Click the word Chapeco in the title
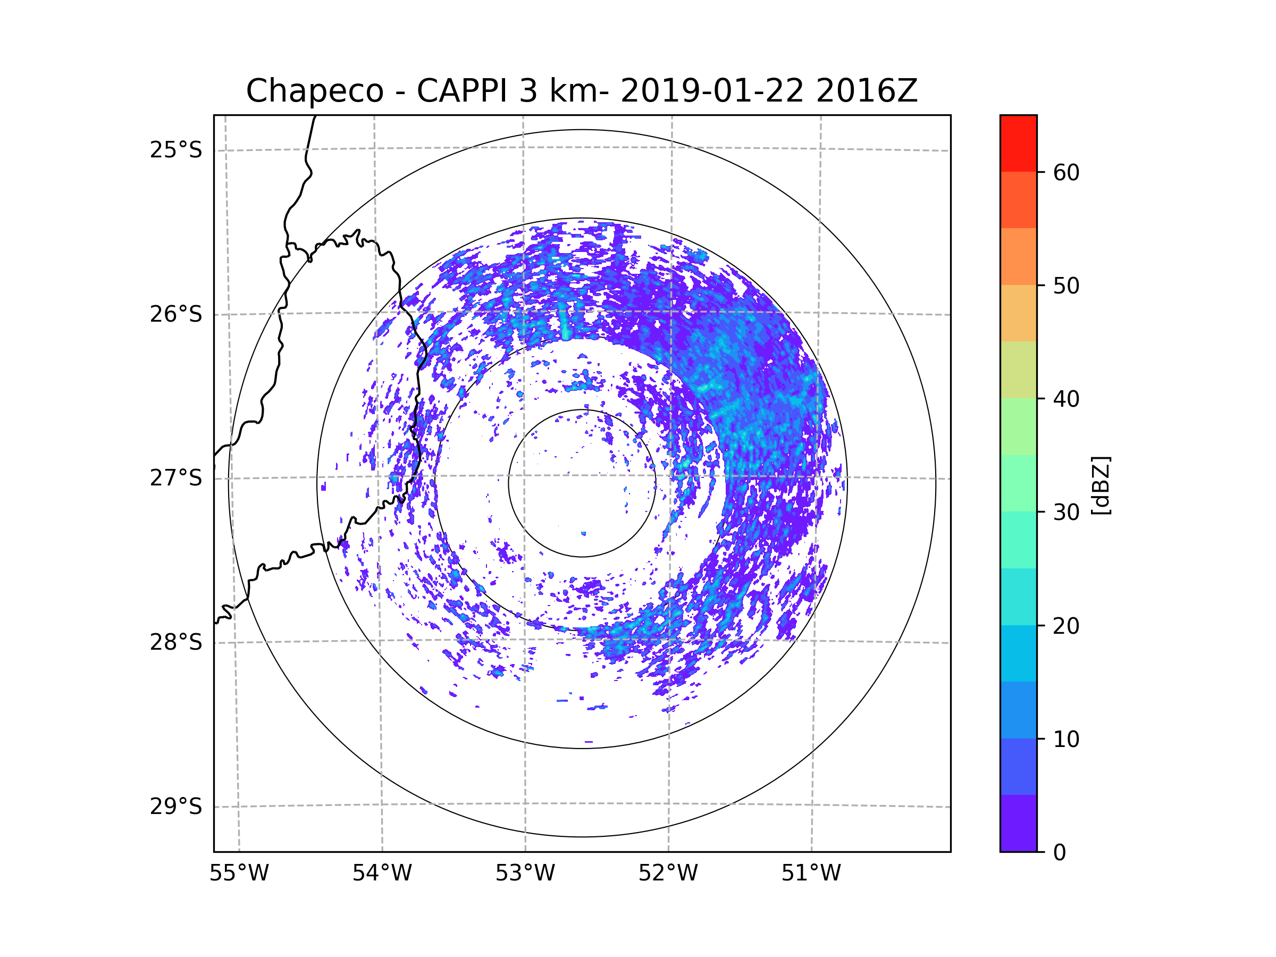tap(314, 91)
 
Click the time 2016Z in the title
tap(867, 91)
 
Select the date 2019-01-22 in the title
tap(712, 91)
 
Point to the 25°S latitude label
tap(176, 150)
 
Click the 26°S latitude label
tap(176, 315)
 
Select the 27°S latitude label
tap(176, 478)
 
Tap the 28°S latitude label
tap(176, 642)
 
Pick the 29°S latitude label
tap(176, 807)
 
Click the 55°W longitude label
tap(239, 874)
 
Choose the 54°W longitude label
tap(382, 874)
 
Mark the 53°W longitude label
tap(525, 874)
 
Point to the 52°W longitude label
tap(668, 874)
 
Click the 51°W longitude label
tap(811, 874)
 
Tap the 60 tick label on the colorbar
tap(1066, 172)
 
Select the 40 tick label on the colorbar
tap(1066, 399)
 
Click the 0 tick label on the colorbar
tap(1060, 853)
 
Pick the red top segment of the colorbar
tap(1018, 143)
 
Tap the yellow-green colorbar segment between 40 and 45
tap(1018, 370)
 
